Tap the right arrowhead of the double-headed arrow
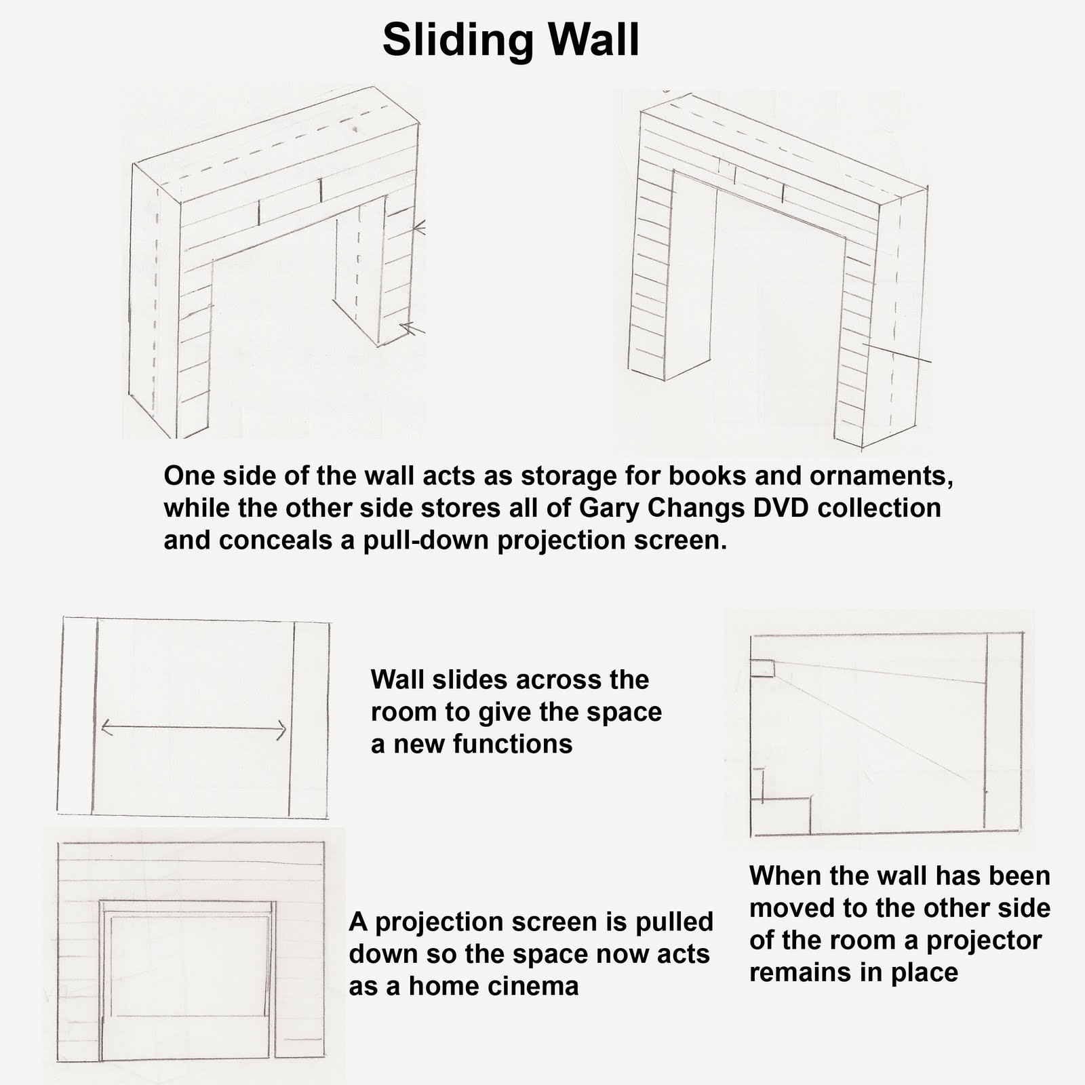(x=283, y=730)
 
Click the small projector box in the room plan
(x=762, y=667)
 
